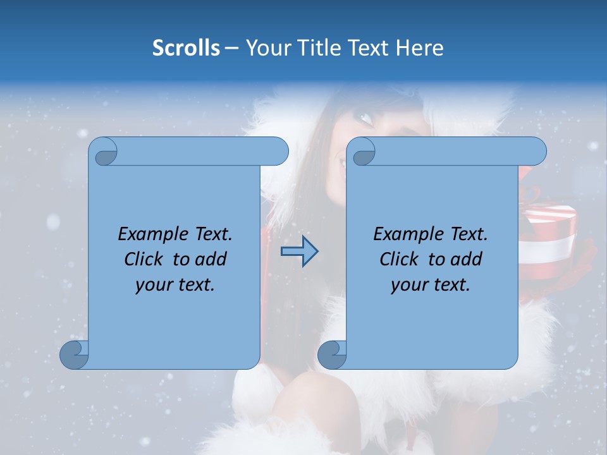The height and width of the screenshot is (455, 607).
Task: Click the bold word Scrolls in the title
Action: click(186, 47)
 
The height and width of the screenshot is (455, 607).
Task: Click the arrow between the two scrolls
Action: click(299, 252)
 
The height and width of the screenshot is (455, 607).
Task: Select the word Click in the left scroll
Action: click(144, 259)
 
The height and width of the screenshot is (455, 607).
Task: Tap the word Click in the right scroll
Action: click(399, 259)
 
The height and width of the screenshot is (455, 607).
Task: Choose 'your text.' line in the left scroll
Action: click(175, 285)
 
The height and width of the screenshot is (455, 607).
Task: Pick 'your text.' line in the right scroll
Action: click(431, 285)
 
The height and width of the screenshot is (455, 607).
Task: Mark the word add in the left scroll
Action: click(211, 259)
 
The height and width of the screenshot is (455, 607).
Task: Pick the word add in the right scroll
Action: click(467, 259)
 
